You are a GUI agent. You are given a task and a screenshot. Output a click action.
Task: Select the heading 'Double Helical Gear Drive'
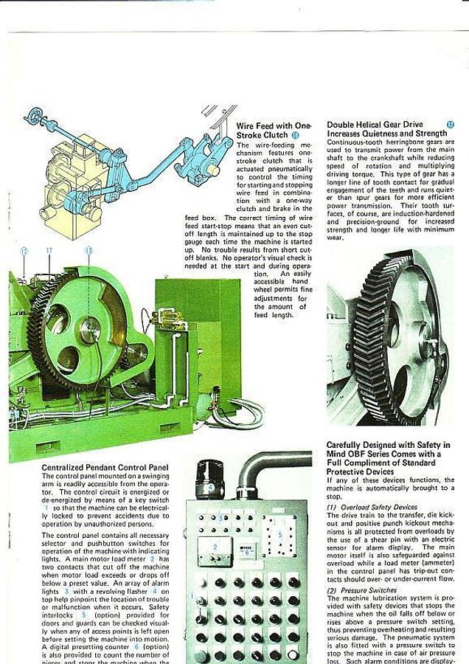[375, 125]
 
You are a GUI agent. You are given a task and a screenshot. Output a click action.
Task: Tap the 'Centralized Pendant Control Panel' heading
[105, 467]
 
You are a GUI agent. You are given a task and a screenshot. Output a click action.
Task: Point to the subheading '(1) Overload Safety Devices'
[373, 508]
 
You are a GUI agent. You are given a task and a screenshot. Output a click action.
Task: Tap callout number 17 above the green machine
[49, 251]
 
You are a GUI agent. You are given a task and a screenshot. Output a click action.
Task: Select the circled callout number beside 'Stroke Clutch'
[296, 136]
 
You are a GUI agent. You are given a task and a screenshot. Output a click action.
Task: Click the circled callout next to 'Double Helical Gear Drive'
[450, 125]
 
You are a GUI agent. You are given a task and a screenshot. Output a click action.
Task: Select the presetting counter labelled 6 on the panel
[248, 551]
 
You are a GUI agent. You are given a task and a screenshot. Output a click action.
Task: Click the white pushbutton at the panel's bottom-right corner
[293, 654]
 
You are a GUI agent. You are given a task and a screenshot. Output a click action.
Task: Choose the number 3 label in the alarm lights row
[219, 518]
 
